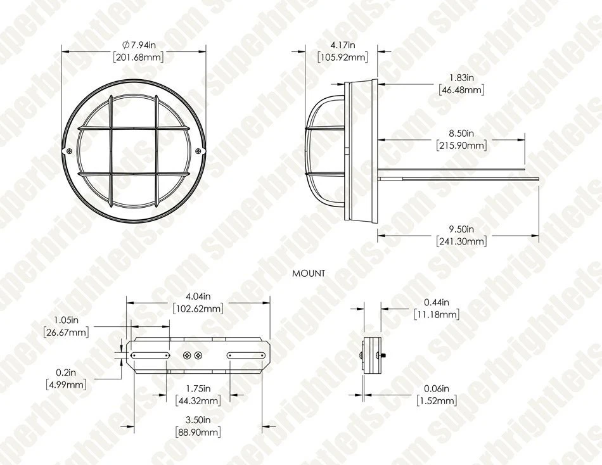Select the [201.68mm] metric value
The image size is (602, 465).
pyautogui.click(x=138, y=57)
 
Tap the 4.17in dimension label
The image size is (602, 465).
pyautogui.click(x=343, y=44)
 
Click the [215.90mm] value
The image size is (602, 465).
pyautogui.click(x=462, y=146)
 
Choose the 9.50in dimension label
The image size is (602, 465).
pyautogui.click(x=462, y=229)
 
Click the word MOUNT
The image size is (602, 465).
pyautogui.click(x=309, y=274)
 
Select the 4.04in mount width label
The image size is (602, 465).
pyautogui.click(x=198, y=296)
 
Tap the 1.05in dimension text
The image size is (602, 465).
pyautogui.click(x=66, y=319)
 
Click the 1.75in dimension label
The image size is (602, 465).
pyautogui.click(x=198, y=388)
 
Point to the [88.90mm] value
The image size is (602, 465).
pyautogui.click(x=198, y=432)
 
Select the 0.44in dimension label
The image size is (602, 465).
pyautogui.click(x=437, y=302)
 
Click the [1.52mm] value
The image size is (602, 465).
pyautogui.click(x=437, y=401)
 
